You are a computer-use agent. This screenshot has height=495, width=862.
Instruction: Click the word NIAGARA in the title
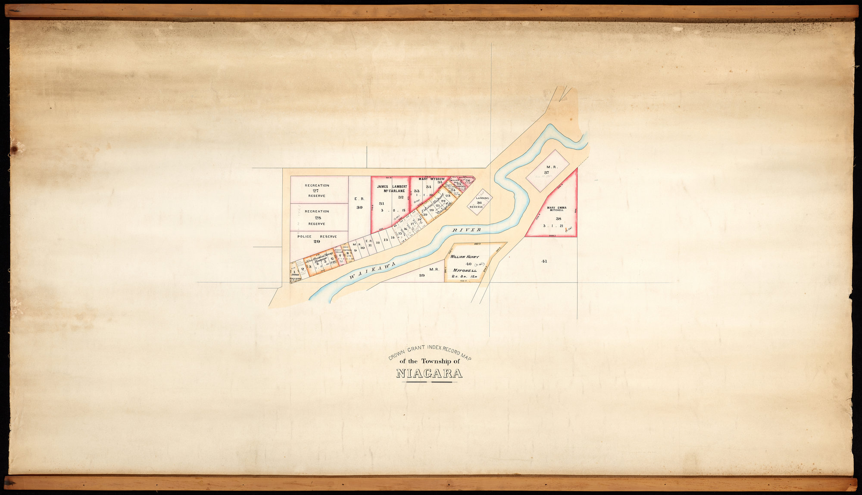429,374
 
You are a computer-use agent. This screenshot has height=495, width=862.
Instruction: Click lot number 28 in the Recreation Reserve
318,218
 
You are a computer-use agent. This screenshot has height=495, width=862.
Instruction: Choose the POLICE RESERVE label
317,237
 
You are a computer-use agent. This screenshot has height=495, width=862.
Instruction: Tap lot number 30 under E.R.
359,207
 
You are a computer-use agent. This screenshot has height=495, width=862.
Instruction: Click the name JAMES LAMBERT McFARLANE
392,189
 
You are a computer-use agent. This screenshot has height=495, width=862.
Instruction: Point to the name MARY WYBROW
431,178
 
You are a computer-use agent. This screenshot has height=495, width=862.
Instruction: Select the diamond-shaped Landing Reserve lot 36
479,202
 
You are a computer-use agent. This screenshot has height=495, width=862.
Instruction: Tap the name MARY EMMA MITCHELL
556,209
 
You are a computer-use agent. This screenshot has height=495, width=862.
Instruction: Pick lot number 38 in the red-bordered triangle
558,218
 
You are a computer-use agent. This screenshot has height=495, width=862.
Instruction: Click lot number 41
544,261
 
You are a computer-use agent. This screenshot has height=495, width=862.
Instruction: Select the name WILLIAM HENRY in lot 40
465,257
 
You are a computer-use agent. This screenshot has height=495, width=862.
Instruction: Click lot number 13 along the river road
386,240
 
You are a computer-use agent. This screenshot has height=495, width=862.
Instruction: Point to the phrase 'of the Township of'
429,361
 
